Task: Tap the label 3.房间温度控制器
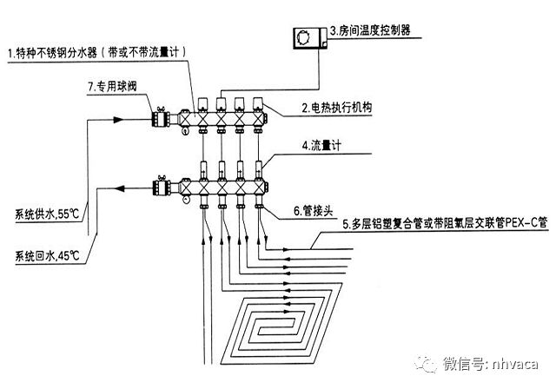pos(369,32)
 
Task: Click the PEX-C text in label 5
pos(523,223)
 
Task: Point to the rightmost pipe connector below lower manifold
pos(258,205)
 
